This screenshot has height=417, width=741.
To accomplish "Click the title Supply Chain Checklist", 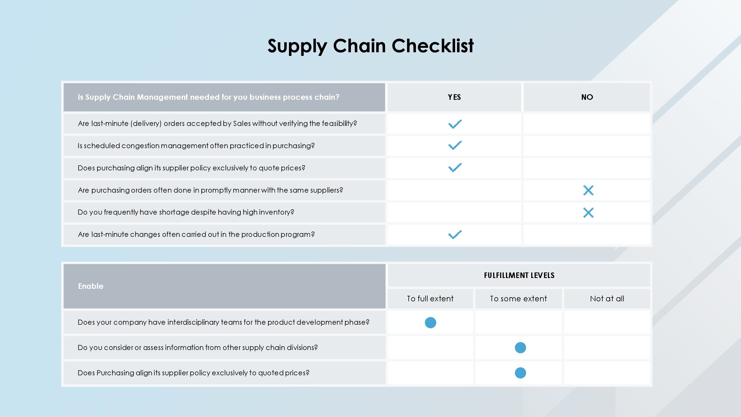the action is pos(371,46).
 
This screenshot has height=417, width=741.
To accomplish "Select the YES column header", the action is pos(454,97).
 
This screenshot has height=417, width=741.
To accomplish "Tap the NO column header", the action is pos(587,97).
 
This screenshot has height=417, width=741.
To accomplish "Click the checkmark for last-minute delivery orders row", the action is pos(455,124).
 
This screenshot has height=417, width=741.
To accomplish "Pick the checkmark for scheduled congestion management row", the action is pos(455,145).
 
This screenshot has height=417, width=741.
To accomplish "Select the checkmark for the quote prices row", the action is pos(455,167).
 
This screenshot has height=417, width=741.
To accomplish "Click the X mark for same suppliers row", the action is pos(588,190).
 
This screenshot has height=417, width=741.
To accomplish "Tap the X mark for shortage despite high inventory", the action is pos(588,213).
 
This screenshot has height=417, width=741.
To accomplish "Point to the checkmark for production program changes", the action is pos(455,235).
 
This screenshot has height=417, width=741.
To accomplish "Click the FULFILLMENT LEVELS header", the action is pos(519,275).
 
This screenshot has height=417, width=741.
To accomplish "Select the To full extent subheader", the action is pos(430,299).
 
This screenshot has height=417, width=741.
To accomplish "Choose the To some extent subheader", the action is pos(518,299).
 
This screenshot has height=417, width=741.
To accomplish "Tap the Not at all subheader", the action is pos(607,299).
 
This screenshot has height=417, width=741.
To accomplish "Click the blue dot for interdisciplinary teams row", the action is pos(430,322).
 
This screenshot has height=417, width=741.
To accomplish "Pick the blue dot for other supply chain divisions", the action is pos(520,348).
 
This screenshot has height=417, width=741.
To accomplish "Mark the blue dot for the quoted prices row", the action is pos(520,373).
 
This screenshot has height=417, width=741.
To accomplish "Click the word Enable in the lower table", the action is pos(91,286).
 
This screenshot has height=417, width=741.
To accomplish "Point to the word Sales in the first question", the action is pos(242,123).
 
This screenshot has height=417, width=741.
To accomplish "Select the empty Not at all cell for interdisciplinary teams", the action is pos(607,322).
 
